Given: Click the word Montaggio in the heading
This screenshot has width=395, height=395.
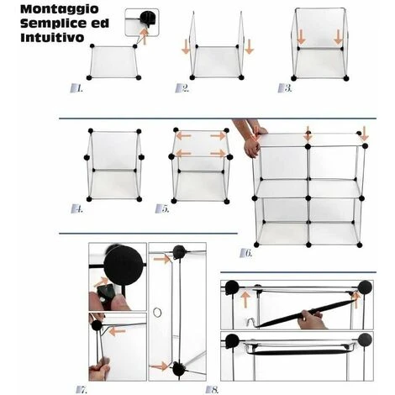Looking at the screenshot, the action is pos(60,9).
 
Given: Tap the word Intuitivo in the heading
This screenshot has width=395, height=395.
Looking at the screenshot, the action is pos(52,38).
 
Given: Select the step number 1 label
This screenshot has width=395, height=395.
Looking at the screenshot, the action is pos(76,88).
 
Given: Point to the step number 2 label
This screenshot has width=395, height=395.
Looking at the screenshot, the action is pos(182,88).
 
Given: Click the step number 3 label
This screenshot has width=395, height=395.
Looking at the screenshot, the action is pos(285,88).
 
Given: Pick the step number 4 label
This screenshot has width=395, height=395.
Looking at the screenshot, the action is pos(77,208).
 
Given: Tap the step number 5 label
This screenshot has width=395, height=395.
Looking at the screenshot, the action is pos(162,208).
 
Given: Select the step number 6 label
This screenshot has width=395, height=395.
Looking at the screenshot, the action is pos(246,253).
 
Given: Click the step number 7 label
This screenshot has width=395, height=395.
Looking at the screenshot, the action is pos(82,389).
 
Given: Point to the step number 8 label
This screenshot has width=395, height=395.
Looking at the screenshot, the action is pos(212,389).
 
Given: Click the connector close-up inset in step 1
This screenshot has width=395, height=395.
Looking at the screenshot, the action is pos(142,22).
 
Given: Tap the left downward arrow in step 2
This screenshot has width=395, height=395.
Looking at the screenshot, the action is pos(186,47).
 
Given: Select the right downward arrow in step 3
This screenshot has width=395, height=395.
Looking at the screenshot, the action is pos(339,37).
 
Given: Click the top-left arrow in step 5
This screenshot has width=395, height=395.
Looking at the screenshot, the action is pos(184,136).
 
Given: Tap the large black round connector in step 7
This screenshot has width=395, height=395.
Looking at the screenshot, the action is pos(123,266).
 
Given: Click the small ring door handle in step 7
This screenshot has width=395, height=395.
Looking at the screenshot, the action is pos(157,312).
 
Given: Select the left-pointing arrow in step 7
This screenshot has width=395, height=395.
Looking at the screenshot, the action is pos(117,332).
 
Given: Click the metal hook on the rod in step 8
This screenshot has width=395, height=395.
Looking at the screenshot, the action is pos(252,323).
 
